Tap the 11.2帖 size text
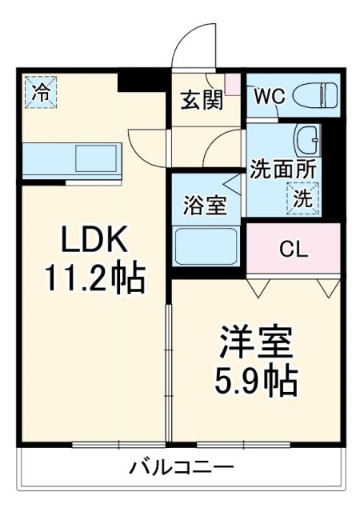pos(94,279)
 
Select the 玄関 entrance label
pos(201,101)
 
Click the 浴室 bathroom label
pos(206,205)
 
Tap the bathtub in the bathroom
pos(206,244)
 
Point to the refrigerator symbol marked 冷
pos(39,90)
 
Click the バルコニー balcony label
pos(182,467)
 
